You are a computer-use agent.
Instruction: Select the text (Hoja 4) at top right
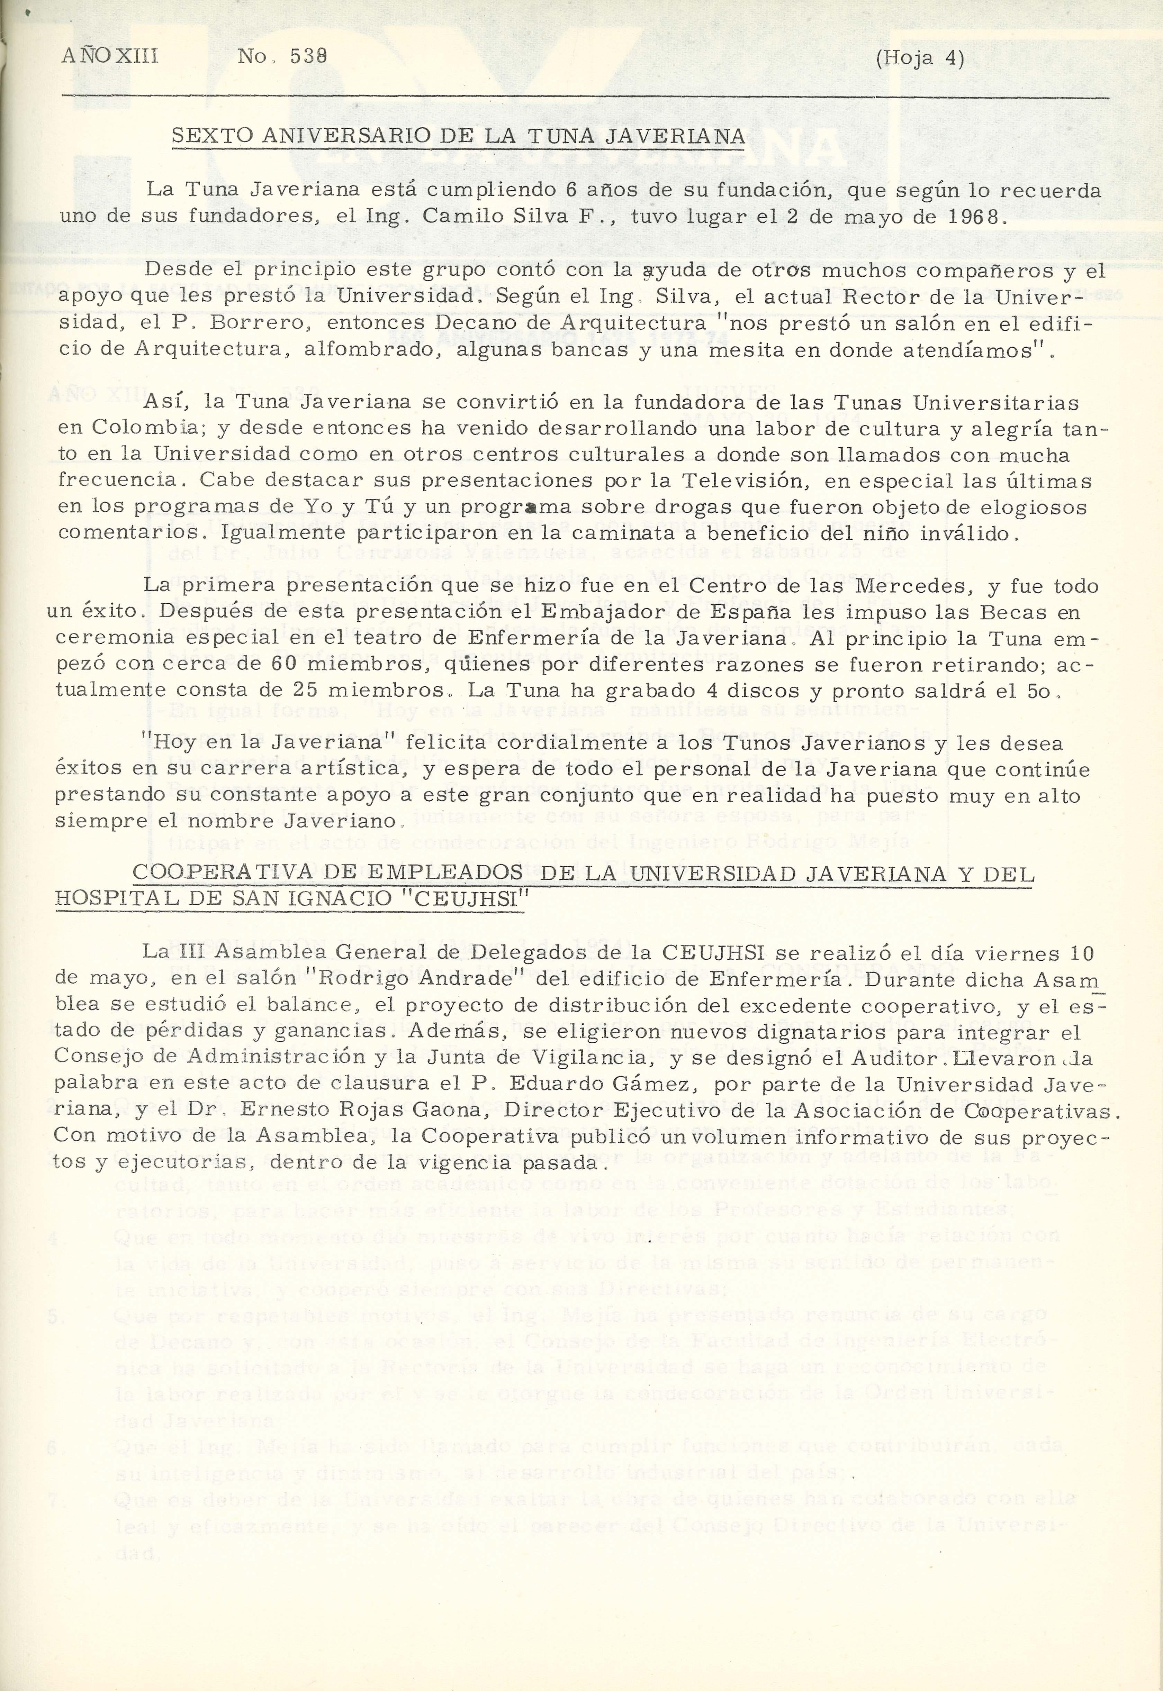[920, 57]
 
